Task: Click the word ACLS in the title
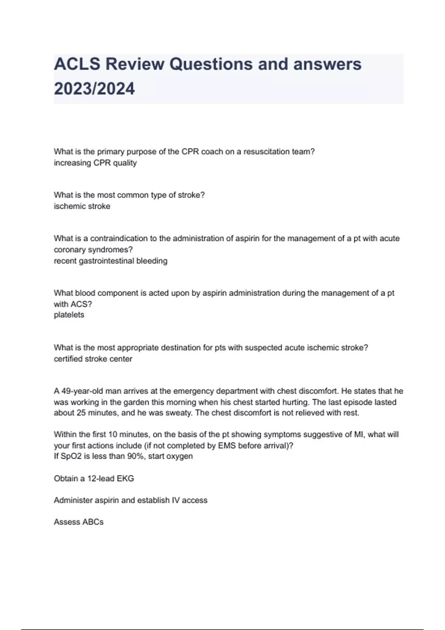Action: [77, 64]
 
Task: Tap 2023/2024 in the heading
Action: [94, 89]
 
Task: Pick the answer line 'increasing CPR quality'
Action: [95, 163]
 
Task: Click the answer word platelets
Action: [69, 315]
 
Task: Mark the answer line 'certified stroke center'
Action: [93, 359]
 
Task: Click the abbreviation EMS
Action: [227, 445]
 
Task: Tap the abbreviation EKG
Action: [125, 478]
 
